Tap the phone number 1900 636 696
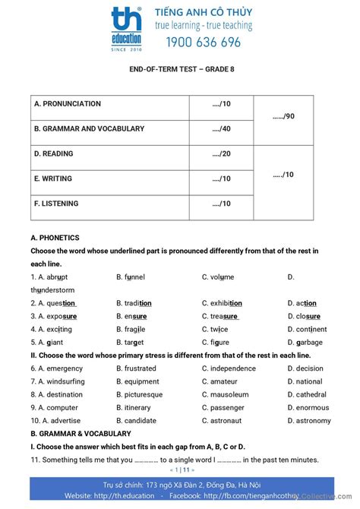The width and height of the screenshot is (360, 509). pyautogui.click(x=197, y=43)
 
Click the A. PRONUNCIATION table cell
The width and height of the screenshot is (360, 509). pyautogui.click(x=67, y=104)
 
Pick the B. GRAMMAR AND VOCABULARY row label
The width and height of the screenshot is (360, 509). pyautogui.click(x=89, y=129)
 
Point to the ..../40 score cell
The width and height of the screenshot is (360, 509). pyautogui.click(x=221, y=129)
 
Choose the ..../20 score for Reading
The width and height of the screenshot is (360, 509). pyautogui.click(x=221, y=154)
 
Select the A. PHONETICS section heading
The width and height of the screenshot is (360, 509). pyautogui.click(x=55, y=238)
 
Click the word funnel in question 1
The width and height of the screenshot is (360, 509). pyautogui.click(x=134, y=277)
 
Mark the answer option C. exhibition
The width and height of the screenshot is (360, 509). pyautogui.click(x=226, y=303)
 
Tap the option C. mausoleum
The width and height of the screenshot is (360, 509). pyautogui.click(x=229, y=394)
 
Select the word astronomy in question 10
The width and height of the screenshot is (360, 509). pyautogui.click(x=313, y=420)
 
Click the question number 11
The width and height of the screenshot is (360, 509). pyautogui.click(x=36, y=460)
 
